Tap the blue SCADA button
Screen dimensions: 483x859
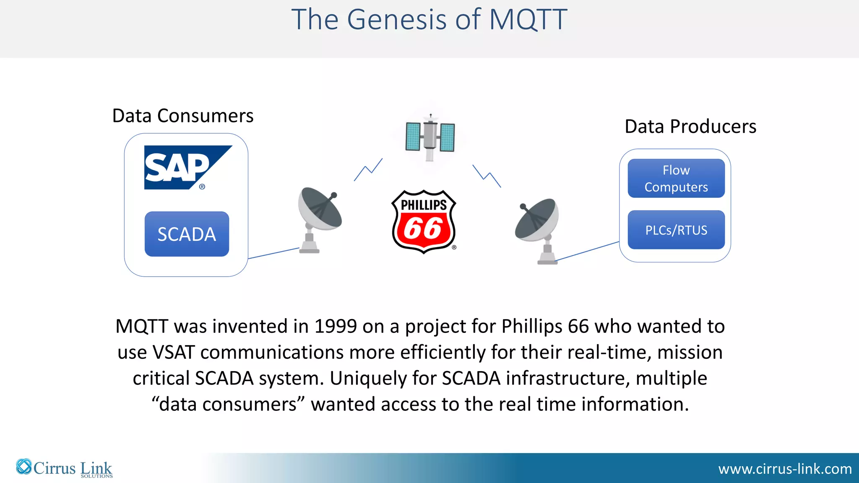coord(187,234)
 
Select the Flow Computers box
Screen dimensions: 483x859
coord(676,178)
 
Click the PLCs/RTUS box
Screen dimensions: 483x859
coord(676,230)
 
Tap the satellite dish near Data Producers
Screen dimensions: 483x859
coord(539,229)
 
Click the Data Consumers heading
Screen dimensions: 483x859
coord(183,116)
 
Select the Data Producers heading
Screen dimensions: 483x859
coord(690,127)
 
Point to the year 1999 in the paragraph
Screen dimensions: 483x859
coord(336,326)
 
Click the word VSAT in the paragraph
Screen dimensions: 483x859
coord(174,352)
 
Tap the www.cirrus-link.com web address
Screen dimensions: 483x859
coord(785,469)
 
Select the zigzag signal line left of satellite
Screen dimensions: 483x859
coord(368,169)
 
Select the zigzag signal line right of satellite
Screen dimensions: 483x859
coord(487,176)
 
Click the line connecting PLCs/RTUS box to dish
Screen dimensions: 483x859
coord(587,251)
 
